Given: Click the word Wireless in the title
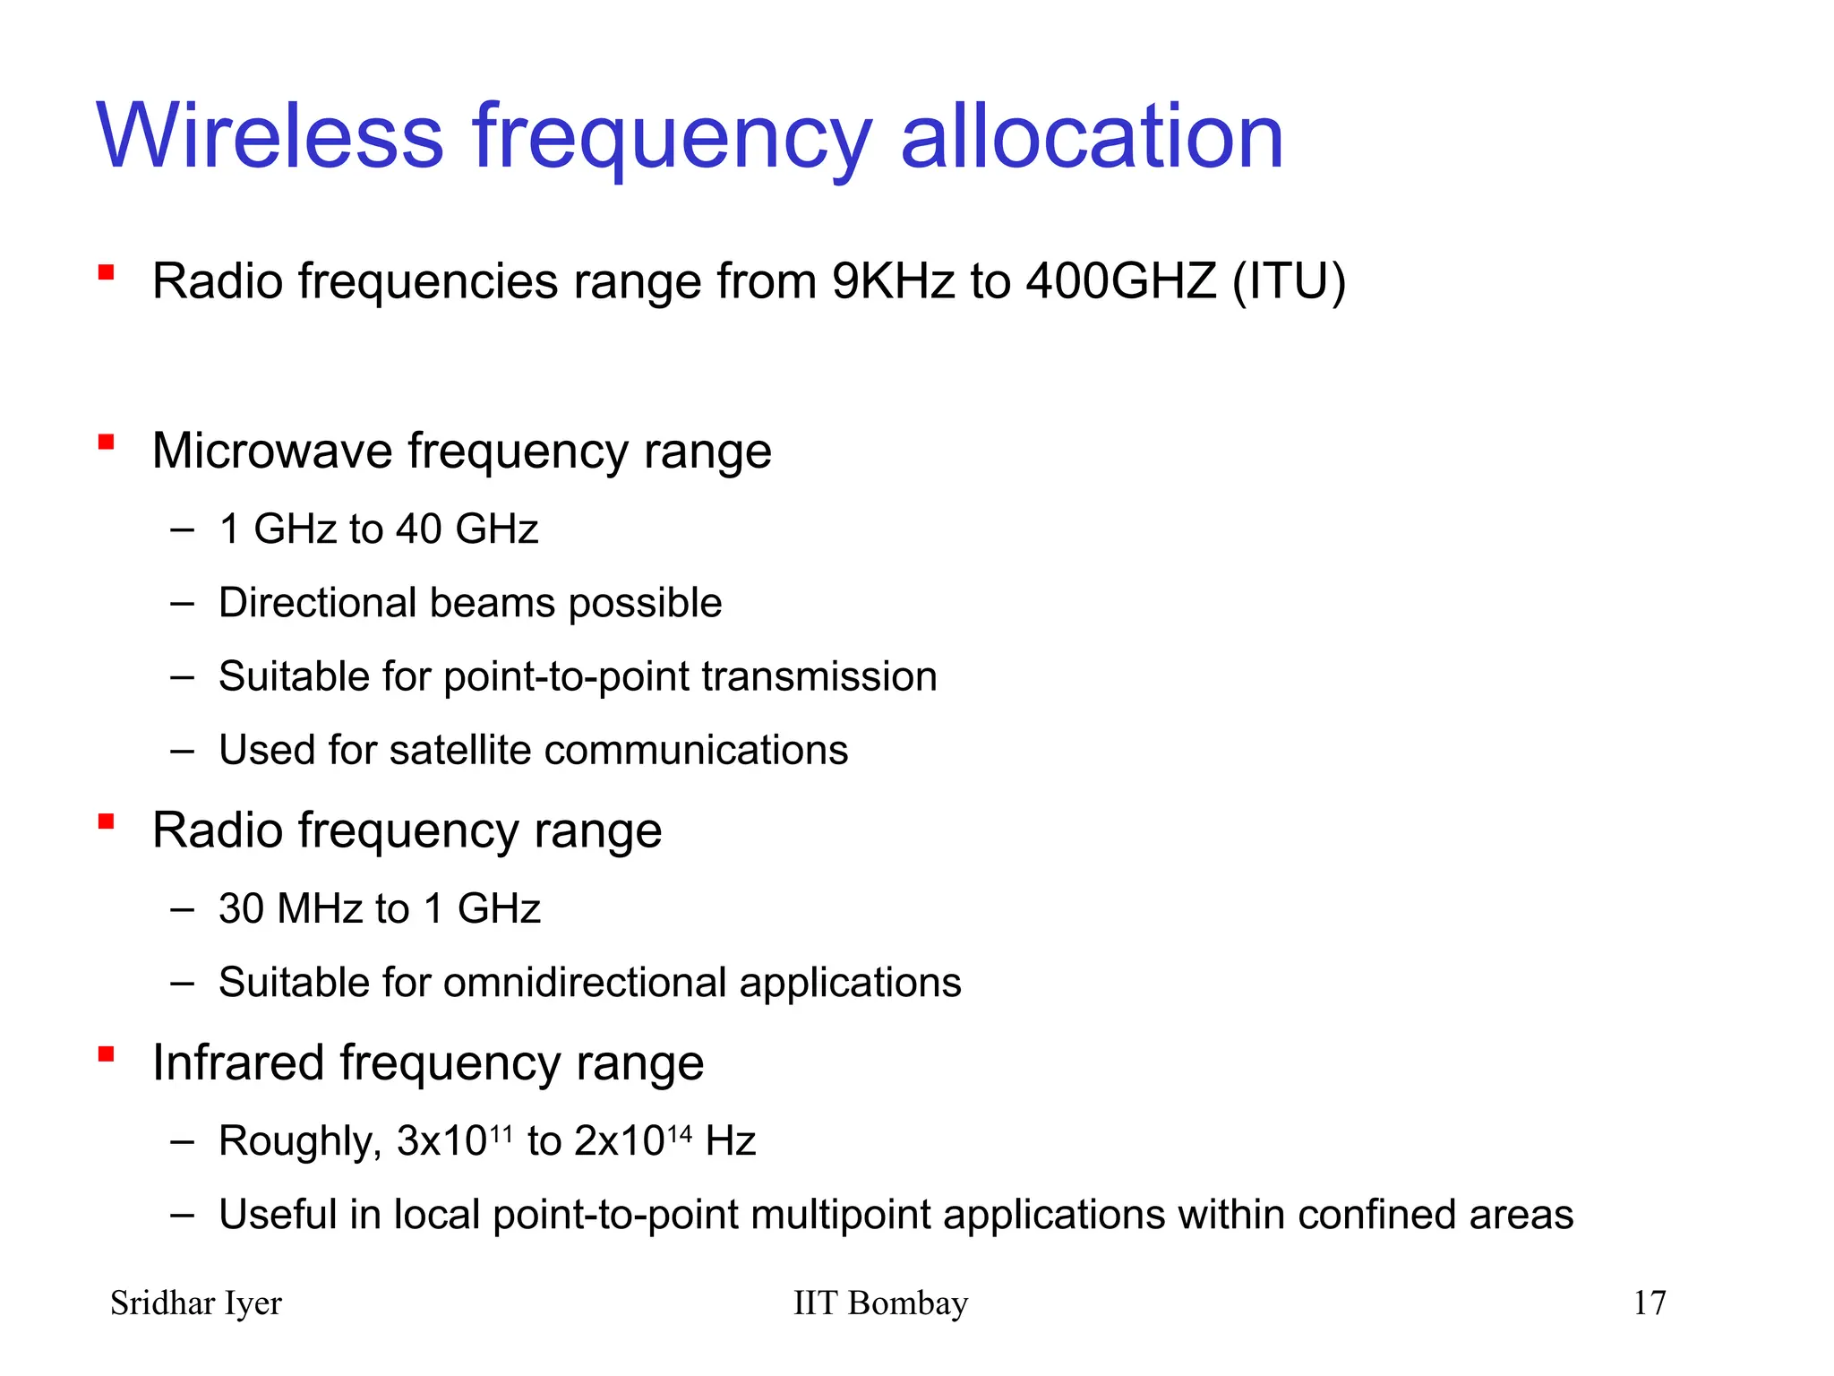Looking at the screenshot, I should click(270, 136).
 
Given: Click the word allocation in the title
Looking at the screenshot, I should click(1092, 136).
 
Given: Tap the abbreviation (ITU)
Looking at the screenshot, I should click(1289, 281).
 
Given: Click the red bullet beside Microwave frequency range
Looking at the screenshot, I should click(107, 442).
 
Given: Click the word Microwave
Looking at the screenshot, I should click(272, 451).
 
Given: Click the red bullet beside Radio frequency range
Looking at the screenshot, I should click(107, 821).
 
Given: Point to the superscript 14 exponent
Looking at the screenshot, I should click(680, 1134).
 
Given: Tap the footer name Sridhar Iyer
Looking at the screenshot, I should click(195, 1303).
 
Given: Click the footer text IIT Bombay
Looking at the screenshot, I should click(880, 1303).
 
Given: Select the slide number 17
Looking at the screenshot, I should click(1650, 1303).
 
